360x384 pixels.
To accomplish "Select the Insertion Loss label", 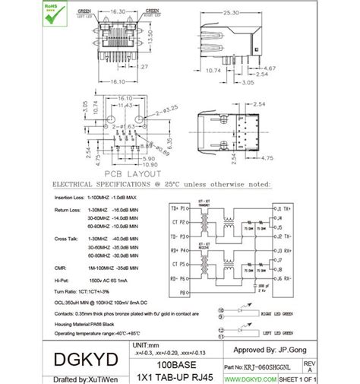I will pyautogui.click(x=67, y=197).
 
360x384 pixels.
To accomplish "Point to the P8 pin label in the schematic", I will pyautogui.click(x=182, y=291).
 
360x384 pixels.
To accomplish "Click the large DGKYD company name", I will pyautogui.click(x=80, y=357).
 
